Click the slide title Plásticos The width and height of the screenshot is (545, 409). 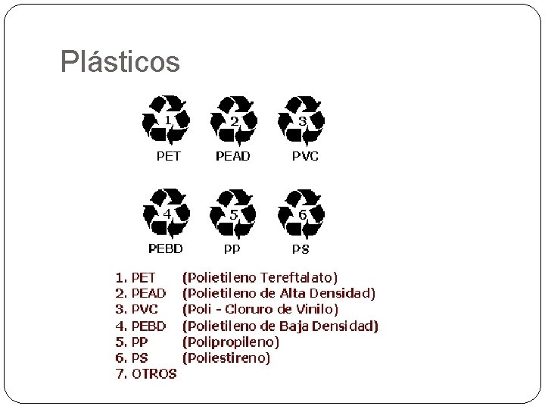[x=120, y=62]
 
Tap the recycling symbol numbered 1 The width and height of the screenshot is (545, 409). [x=167, y=120]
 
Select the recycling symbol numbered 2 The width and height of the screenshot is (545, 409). [x=234, y=120]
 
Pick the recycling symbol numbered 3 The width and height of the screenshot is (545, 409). [x=302, y=120]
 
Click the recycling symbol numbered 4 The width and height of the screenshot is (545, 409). [x=167, y=214]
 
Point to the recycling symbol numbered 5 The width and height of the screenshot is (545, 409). [x=234, y=214]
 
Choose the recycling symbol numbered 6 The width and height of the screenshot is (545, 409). [x=302, y=214]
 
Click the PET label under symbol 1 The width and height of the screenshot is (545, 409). [x=168, y=156]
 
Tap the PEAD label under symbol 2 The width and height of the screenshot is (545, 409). [x=233, y=156]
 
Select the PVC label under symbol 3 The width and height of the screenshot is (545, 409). [x=305, y=156]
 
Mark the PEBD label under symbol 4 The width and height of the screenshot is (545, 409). [x=165, y=248]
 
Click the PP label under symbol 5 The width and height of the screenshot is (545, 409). [x=232, y=248]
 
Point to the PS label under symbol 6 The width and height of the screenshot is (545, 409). [x=301, y=248]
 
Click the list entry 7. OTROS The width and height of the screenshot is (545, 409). [x=145, y=373]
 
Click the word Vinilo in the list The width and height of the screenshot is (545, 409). [x=317, y=309]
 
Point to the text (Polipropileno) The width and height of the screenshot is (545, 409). [x=231, y=342]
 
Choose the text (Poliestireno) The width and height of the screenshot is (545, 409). [x=226, y=357]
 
